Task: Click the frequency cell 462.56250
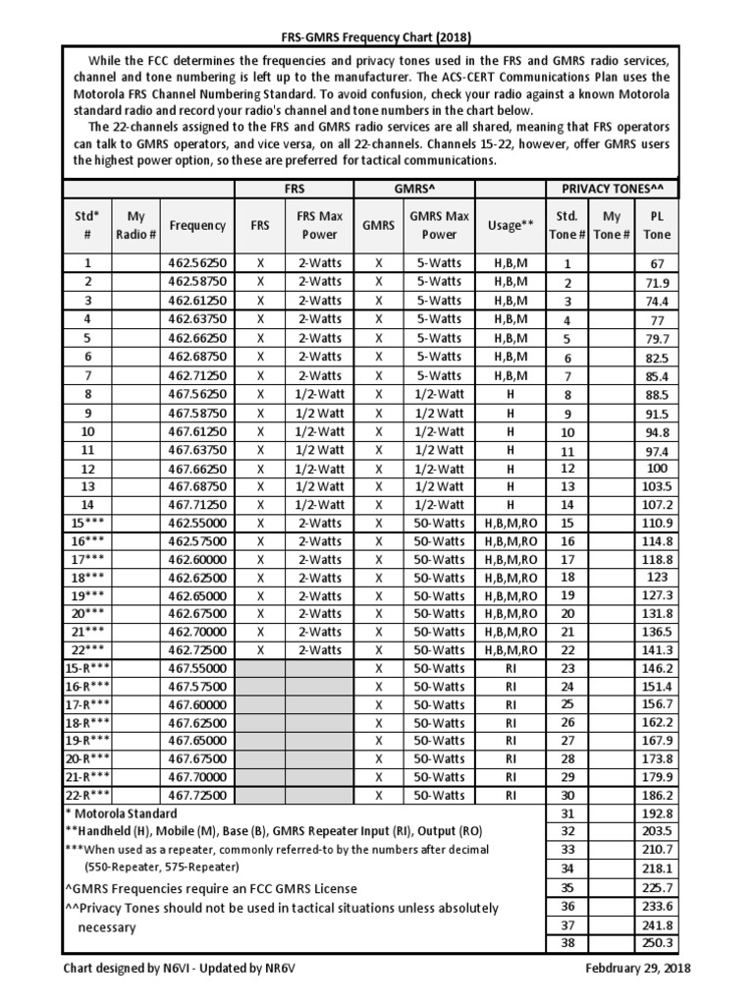click(196, 263)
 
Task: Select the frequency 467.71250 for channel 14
click(196, 506)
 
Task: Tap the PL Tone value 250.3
click(657, 943)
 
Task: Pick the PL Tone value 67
click(657, 263)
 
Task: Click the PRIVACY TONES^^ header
click(612, 189)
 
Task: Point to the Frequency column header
click(196, 225)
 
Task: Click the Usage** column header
click(510, 225)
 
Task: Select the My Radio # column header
click(135, 225)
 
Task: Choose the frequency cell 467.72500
click(196, 795)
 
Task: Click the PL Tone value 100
click(657, 469)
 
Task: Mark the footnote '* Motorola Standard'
click(121, 813)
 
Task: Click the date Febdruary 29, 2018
click(636, 968)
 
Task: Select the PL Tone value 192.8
click(657, 813)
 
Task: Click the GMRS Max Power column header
click(439, 225)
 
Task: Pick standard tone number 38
click(566, 943)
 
